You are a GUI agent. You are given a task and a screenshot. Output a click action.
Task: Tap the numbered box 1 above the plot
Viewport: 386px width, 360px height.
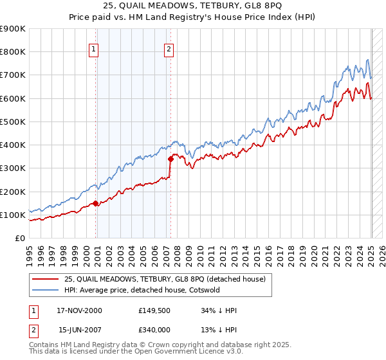(94, 48)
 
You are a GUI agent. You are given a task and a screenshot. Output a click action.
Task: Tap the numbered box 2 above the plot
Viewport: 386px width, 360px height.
(169, 48)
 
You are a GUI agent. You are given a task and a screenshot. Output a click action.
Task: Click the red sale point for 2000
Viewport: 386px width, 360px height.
(96, 203)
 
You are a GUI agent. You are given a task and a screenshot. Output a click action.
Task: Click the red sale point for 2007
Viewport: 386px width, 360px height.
(170, 159)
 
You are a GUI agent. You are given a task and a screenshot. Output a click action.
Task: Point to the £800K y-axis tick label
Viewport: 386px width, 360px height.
(13, 52)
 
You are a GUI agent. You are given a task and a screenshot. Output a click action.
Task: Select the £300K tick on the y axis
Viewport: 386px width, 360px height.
(13, 168)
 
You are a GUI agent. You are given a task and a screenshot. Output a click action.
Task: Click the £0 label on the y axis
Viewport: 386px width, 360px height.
(19, 239)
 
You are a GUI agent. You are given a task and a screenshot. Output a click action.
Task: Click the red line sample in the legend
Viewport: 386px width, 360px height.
(46, 278)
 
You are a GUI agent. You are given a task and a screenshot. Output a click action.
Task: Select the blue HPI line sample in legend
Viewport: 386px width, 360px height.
(46, 290)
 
